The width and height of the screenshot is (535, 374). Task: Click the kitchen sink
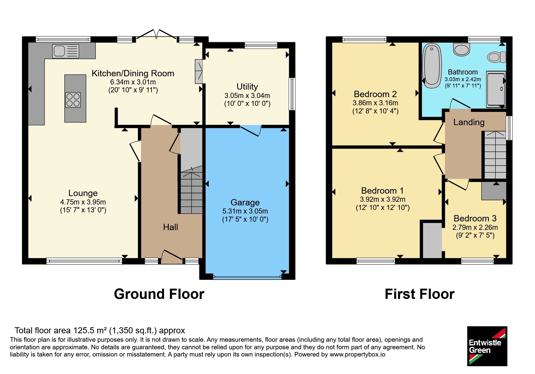(x=66, y=51)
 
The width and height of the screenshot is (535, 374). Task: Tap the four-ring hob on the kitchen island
(x=73, y=100)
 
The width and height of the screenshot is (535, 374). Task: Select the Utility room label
(x=247, y=87)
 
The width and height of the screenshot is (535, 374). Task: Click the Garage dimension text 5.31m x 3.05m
(x=245, y=211)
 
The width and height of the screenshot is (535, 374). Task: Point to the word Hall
(x=171, y=227)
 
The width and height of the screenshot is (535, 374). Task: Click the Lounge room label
(x=83, y=193)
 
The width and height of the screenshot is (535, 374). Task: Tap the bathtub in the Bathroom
(x=432, y=66)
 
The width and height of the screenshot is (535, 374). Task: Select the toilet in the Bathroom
(x=496, y=57)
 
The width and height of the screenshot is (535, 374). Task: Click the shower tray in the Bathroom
(x=496, y=89)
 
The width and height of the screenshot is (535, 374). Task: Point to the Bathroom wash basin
(x=462, y=49)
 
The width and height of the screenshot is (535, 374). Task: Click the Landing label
(x=469, y=122)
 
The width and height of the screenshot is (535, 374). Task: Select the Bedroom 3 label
(x=475, y=218)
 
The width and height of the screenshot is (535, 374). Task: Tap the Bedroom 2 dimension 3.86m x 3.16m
(x=375, y=103)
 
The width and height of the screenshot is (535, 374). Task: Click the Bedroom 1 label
(x=382, y=191)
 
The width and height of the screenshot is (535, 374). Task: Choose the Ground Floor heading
(x=159, y=294)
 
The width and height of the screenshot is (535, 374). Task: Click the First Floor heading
(x=420, y=294)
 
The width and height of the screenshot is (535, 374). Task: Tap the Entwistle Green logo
(x=487, y=346)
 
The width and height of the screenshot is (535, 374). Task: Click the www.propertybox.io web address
(x=357, y=354)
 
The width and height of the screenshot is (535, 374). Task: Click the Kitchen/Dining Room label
(x=133, y=73)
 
